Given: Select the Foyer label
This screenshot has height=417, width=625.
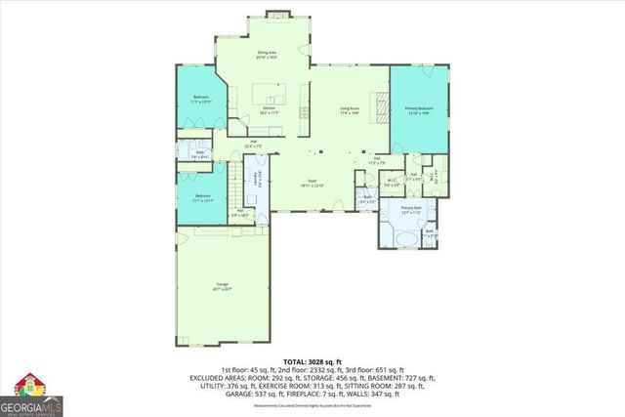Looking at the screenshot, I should coord(313,183).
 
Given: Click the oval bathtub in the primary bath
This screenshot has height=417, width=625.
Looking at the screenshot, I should coord(400,237).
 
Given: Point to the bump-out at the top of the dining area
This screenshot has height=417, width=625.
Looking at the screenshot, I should coord(275,16).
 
